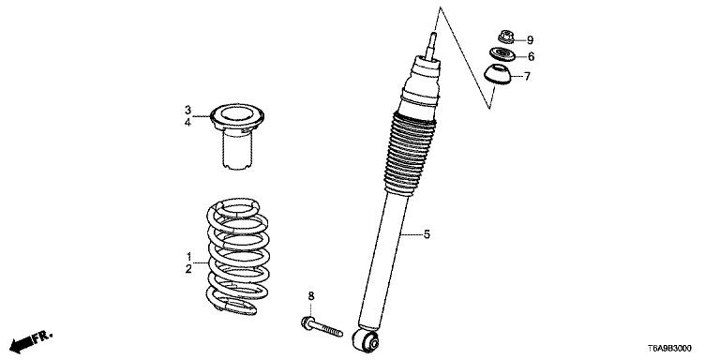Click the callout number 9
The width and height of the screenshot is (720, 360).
(530, 40)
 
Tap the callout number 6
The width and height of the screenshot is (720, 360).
(531, 57)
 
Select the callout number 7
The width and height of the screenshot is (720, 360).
(527, 76)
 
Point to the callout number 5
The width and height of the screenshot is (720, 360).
(427, 235)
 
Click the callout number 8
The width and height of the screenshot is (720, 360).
(311, 296)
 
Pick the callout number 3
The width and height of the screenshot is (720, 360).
(187, 111)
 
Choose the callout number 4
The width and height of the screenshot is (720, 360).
(187, 123)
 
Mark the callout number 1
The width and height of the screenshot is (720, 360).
(187, 256)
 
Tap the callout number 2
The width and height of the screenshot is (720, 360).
(188, 270)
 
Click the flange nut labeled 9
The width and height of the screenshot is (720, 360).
(505, 37)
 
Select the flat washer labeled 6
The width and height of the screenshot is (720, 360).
(502, 54)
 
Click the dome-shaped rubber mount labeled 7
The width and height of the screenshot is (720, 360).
(497, 75)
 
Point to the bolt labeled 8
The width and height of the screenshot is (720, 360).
(322, 326)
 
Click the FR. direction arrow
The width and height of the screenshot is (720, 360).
(31, 339)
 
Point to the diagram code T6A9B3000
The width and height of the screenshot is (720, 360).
(669, 349)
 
